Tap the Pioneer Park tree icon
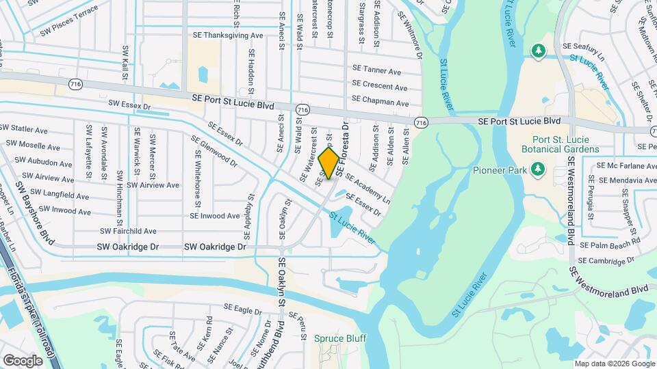pos(537,168)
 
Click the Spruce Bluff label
pos(340,338)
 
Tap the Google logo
pos(23,360)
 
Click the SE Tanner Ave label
pos(376,70)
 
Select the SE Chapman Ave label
pos(380,103)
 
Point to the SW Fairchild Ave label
pos(128,232)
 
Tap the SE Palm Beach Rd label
pos(609,243)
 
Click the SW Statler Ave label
pos(24,128)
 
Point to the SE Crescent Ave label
pos(379,87)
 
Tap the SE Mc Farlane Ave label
pos(626,165)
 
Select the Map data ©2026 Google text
pos(613,364)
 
